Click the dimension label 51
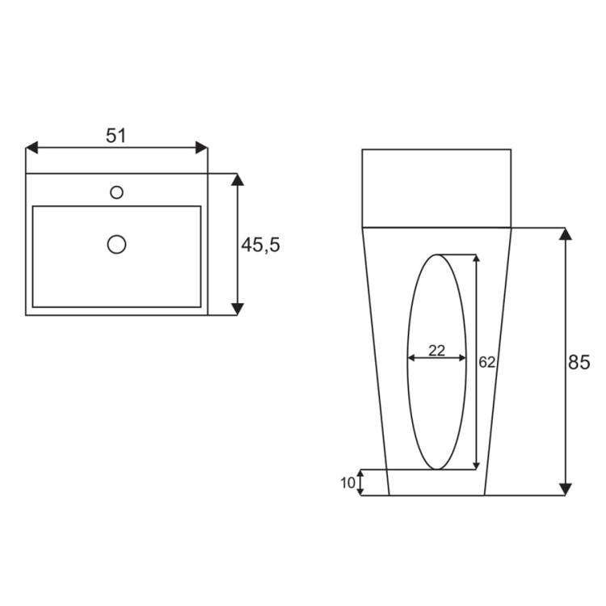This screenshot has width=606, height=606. point(116,136)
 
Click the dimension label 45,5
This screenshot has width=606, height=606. point(260,245)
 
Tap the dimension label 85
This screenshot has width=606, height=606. point(579,363)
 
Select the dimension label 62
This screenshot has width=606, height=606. point(486,362)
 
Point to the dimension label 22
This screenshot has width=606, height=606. point(436,351)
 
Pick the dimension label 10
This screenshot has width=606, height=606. point(347,482)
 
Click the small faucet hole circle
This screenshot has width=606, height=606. point(116,192)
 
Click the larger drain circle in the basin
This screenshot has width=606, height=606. point(116,245)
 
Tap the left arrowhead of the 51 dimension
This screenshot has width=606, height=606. point(32,148)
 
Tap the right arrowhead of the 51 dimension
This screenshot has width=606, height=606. point(201,148)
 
